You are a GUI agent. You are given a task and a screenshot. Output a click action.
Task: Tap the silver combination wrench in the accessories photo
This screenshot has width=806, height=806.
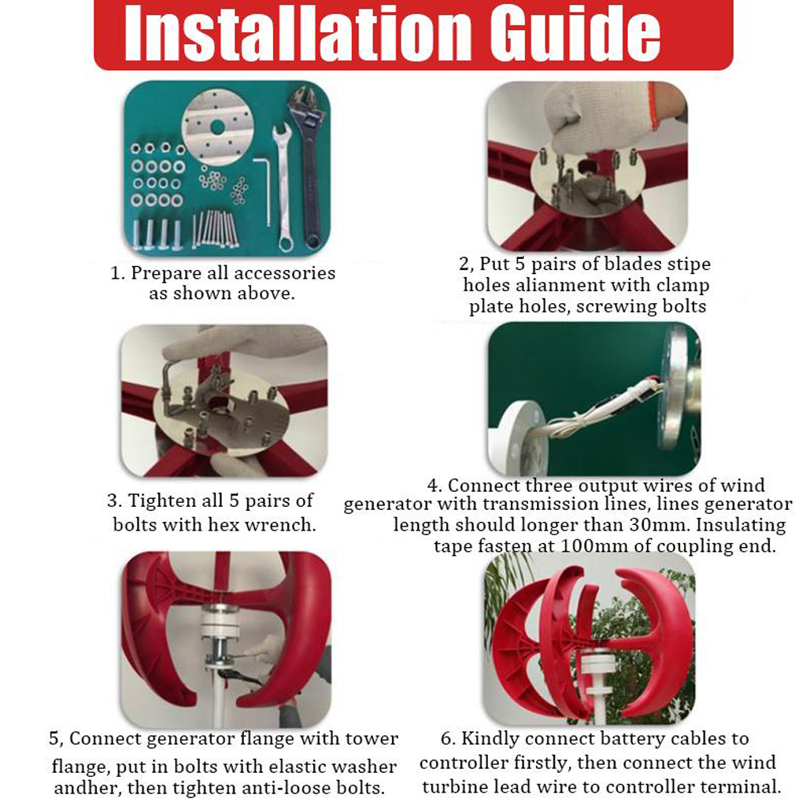pos(283,187)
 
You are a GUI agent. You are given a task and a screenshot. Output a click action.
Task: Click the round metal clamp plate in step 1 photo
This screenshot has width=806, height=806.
pos(217,128)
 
